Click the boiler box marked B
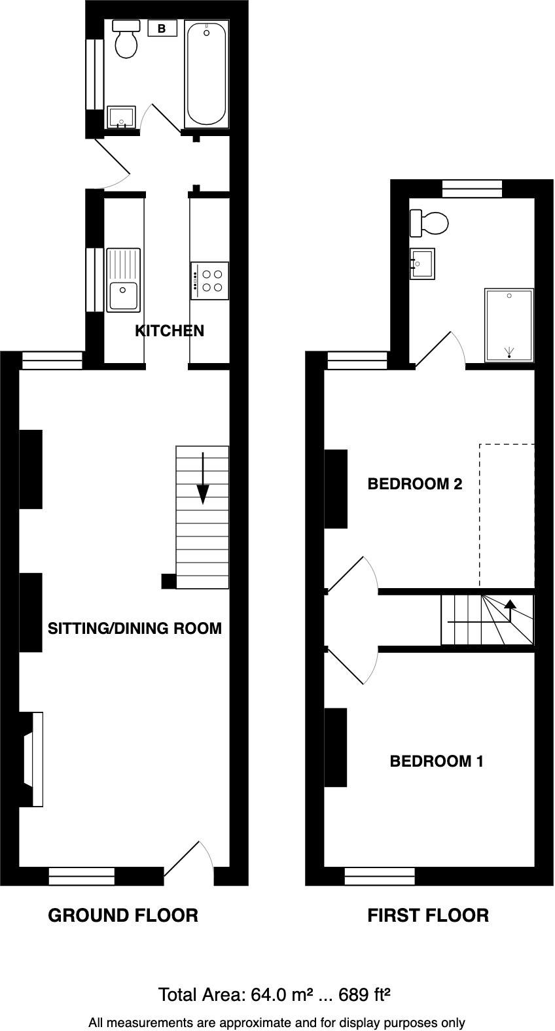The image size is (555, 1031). point(162,29)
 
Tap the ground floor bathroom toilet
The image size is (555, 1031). point(126,39)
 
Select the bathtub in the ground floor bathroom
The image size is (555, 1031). point(206,74)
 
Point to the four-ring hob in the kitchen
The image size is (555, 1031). point(210,280)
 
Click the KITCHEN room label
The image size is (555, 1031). point(170,331)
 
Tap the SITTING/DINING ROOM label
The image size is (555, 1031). point(135,629)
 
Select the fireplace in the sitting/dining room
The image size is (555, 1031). point(33,759)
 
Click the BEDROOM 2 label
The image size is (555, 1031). point(415,484)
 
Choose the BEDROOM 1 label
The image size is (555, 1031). point(437,761)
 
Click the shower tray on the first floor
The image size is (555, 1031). point(509,325)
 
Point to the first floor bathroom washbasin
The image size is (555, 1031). point(423,264)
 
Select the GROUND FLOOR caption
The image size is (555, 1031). point(123,915)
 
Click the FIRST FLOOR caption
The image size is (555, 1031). point(428,915)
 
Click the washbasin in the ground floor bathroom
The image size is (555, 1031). point(120,118)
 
